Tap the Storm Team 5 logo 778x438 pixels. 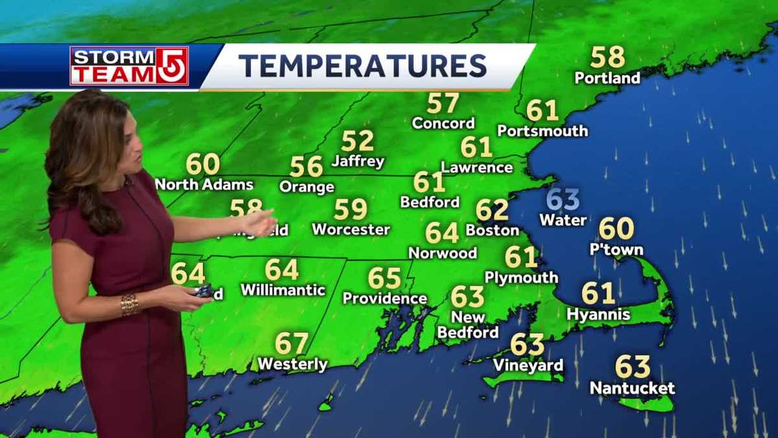pyautogui.click(x=129, y=66)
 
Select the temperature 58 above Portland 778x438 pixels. pyautogui.click(x=607, y=57)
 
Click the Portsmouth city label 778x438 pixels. pyautogui.click(x=543, y=131)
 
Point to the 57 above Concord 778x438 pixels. pyautogui.click(x=443, y=103)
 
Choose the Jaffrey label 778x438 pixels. pyautogui.click(x=358, y=161)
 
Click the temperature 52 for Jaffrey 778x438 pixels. pyautogui.click(x=358, y=141)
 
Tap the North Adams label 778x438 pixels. pyautogui.click(x=204, y=184)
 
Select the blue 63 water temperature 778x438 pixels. pyautogui.click(x=563, y=200)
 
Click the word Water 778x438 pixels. pyautogui.click(x=563, y=221)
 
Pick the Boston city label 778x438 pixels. pyautogui.click(x=493, y=230)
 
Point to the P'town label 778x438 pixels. pyautogui.click(x=616, y=250)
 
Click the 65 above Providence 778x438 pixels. pyautogui.click(x=384, y=278)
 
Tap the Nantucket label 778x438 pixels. pyautogui.click(x=632, y=389)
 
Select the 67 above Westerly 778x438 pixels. pyautogui.click(x=292, y=343)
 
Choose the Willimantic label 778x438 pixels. pyautogui.click(x=283, y=290)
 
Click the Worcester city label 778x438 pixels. pyautogui.click(x=351, y=230)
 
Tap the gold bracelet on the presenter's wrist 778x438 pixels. pyautogui.click(x=129, y=304)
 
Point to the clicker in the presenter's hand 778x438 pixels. pyautogui.click(x=204, y=291)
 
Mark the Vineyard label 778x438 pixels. pyautogui.click(x=528, y=366)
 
